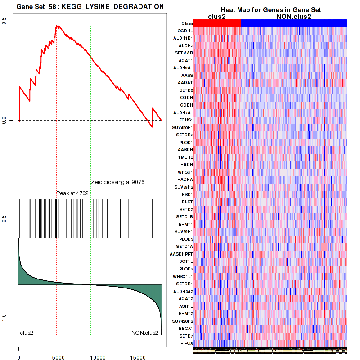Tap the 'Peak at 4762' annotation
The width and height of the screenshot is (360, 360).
tap(72, 193)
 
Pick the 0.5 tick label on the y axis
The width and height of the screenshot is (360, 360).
tap(10, 21)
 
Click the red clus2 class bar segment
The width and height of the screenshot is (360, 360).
tap(217, 23)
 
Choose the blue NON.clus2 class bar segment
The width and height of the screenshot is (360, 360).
tap(294, 23)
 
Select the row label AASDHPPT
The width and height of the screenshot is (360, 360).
tap(181, 254)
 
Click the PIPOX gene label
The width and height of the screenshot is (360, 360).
tap(186, 343)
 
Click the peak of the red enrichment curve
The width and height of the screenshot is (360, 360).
tap(56, 26)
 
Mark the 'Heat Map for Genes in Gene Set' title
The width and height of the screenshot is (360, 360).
tap(270, 10)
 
